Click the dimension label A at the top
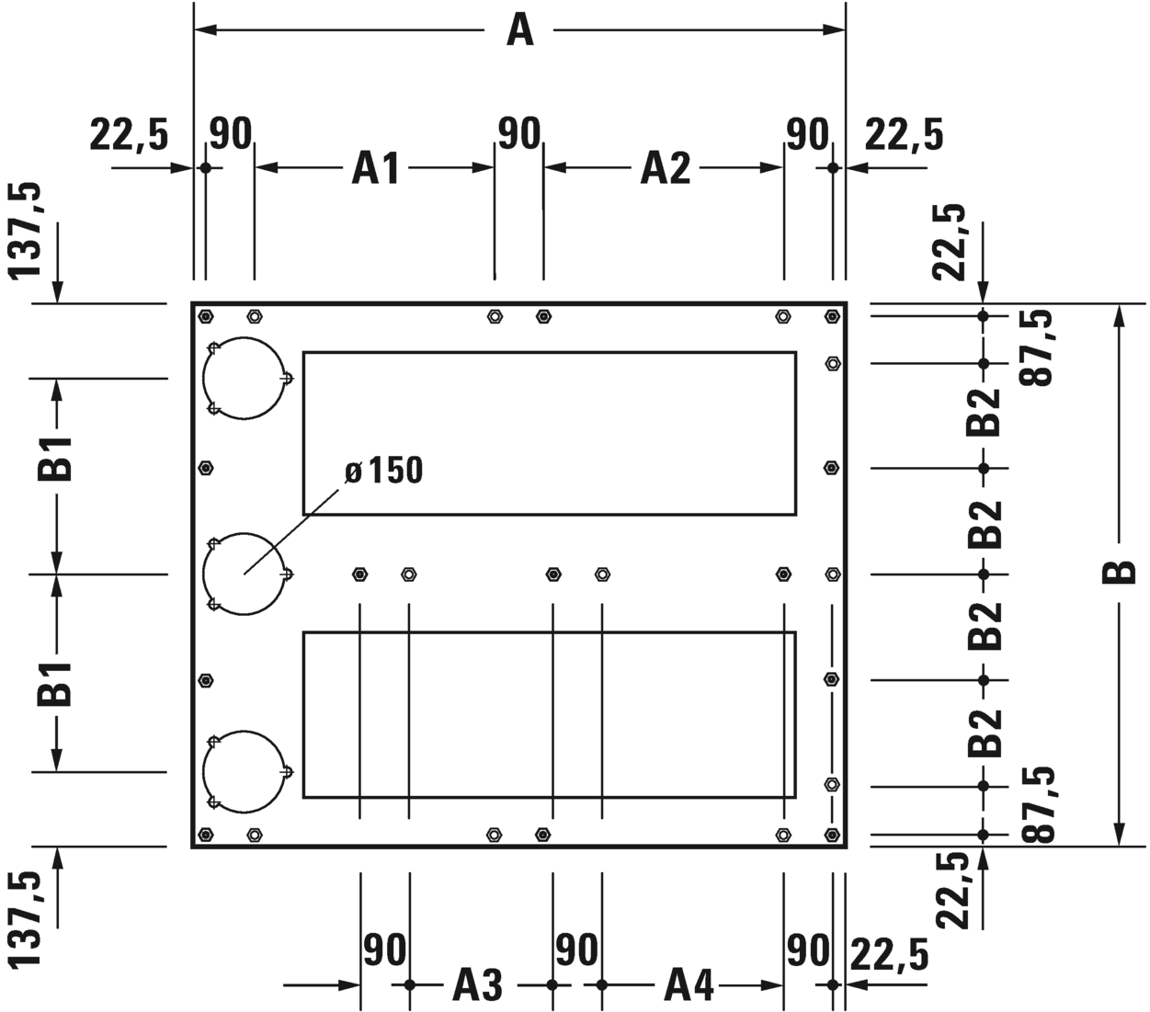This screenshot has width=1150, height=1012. point(520,30)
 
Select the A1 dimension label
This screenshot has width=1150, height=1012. point(375,168)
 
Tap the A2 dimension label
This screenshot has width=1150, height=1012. point(666,168)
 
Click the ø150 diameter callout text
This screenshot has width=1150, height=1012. point(384,471)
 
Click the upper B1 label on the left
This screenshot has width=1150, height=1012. point(55,460)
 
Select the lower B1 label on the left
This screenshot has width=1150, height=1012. point(55,684)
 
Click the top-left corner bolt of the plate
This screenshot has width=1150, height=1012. point(206,316)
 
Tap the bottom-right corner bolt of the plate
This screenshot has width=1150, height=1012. point(832,835)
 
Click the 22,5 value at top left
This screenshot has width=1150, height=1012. point(130,135)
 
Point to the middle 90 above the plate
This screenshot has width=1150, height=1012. point(518,134)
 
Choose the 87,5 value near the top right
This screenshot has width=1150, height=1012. point(1036,348)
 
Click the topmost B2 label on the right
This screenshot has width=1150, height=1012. point(984,413)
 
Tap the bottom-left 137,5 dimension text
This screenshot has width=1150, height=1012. point(25,919)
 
